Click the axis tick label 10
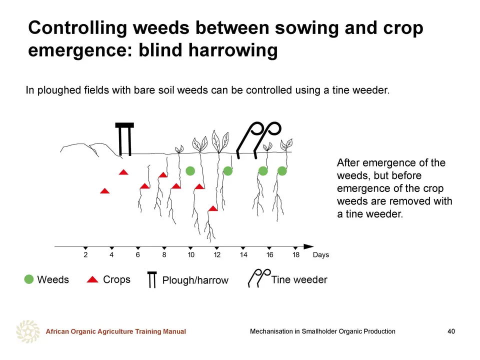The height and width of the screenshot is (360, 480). tap(191, 255)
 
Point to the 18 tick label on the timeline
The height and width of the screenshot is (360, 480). tap(295, 255)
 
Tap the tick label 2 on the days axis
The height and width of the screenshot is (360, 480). tap(85, 255)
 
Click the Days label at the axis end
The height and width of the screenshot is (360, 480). tap(321, 255)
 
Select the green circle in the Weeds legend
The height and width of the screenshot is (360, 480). tap(29, 279)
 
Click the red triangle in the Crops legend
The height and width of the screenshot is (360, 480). tap(92, 279)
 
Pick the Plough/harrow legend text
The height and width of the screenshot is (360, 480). tap(195, 280)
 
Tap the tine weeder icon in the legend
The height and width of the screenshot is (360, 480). tap(259, 278)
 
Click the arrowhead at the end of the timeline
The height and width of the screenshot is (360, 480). tap(308, 246)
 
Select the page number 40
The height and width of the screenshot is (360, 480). tap(451, 331)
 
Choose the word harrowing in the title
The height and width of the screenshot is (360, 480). tap(233, 50)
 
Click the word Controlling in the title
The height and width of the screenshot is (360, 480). tap(78, 28)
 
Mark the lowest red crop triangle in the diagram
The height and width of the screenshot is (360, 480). tap(213, 209)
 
